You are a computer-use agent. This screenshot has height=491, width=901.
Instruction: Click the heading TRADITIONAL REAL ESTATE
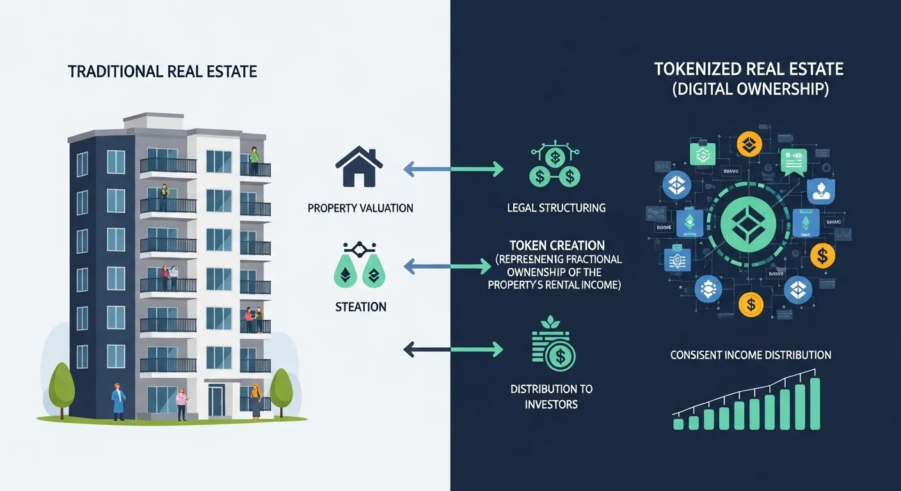[163, 71]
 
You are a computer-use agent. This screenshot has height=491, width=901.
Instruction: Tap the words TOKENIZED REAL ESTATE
[749, 69]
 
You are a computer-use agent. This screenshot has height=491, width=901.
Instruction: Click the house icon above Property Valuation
[359, 168]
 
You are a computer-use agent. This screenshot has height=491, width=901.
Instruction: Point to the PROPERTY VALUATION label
[360, 208]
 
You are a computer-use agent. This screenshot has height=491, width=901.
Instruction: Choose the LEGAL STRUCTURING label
[555, 208]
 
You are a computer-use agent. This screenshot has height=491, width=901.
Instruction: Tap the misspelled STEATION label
[360, 307]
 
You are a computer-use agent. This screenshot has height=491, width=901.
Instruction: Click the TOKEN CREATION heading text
[557, 245]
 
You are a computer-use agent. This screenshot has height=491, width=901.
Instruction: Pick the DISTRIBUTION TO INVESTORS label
[551, 396]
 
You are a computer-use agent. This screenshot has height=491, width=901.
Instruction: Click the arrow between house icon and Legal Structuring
[454, 169]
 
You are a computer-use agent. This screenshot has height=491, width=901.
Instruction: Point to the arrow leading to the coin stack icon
[454, 349]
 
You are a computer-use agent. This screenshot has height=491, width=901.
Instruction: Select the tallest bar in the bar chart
[815, 404]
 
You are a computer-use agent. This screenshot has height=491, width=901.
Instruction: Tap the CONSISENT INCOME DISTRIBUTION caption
[751, 355]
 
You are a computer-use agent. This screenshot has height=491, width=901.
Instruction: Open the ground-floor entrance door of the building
[216, 401]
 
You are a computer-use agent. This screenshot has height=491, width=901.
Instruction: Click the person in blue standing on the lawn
[118, 401]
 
